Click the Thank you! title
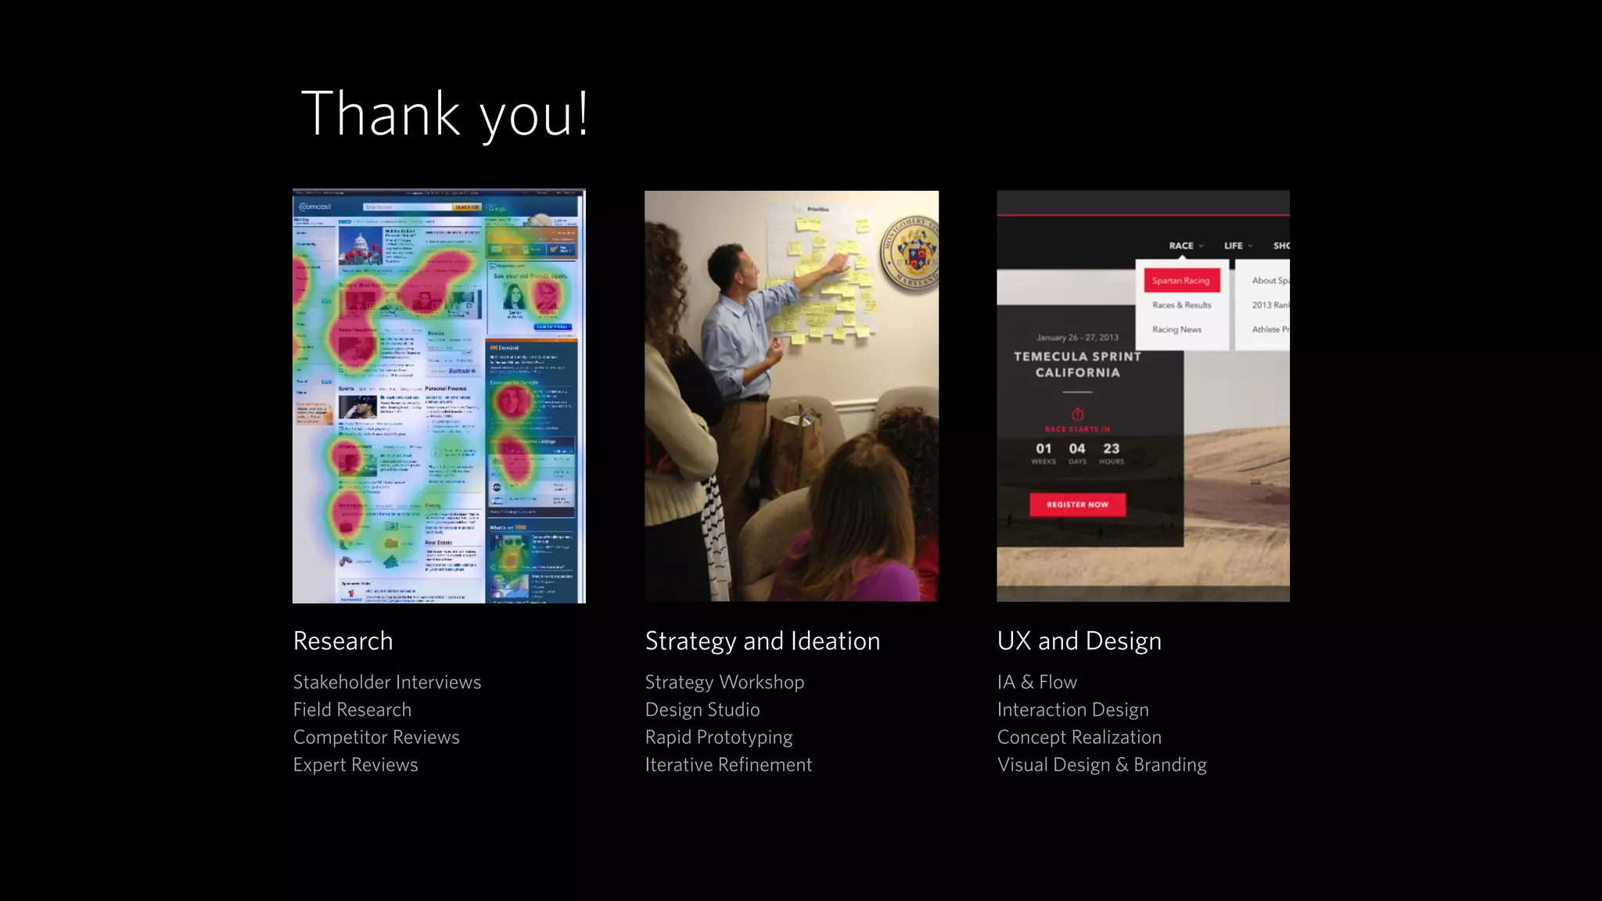(444, 114)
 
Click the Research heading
(343, 641)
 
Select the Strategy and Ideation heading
(762, 641)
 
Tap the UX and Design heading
(1079, 641)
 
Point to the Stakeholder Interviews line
(386, 682)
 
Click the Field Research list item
(352, 709)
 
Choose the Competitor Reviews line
(376, 737)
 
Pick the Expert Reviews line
(355, 764)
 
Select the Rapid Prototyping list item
(718, 737)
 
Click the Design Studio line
(702, 709)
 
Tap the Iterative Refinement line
(728, 764)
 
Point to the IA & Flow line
(1036, 682)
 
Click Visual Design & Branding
(1101, 764)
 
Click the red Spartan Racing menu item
(1180, 280)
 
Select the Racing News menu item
(1176, 329)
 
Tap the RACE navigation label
(1181, 246)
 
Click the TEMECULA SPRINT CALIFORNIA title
(1077, 364)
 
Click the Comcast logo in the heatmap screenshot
(316, 206)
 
